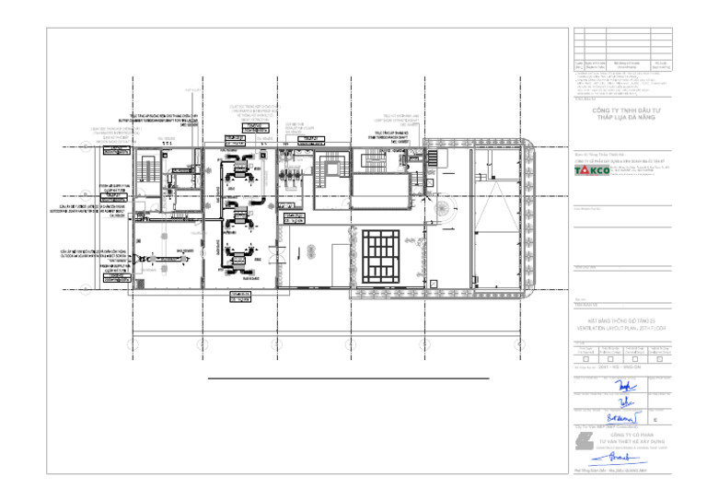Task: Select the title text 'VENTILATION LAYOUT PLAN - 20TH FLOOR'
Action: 622,328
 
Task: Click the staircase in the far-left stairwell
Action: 146,172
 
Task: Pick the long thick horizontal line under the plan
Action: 348,378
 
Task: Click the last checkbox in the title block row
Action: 659,358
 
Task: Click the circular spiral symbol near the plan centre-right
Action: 446,212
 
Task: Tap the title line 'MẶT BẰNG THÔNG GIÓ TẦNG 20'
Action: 622,320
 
